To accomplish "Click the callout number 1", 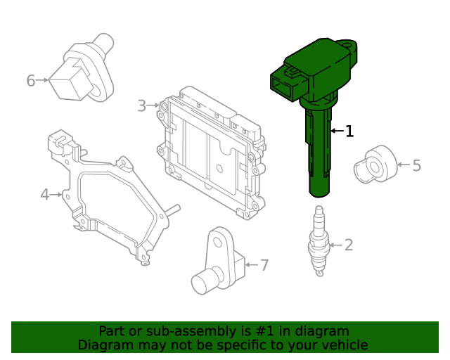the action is [349, 131].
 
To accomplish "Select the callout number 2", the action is [349, 245].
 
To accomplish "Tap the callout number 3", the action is [142, 105].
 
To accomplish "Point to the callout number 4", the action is [45, 195].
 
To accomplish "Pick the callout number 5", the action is [417, 166].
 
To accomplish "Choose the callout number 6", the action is [31, 80].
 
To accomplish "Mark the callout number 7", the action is [264, 265].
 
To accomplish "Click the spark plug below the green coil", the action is [319, 240].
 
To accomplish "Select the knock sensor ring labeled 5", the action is [375, 165].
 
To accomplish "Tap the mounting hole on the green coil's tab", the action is [347, 46].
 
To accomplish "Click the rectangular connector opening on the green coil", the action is [282, 88].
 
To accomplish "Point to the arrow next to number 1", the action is [337, 131].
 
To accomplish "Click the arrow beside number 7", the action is [252, 264].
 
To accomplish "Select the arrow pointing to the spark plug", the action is [336, 245].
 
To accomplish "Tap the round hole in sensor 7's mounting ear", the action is [218, 243].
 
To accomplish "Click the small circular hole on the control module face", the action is [219, 168].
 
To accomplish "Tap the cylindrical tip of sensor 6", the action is [104, 43].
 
